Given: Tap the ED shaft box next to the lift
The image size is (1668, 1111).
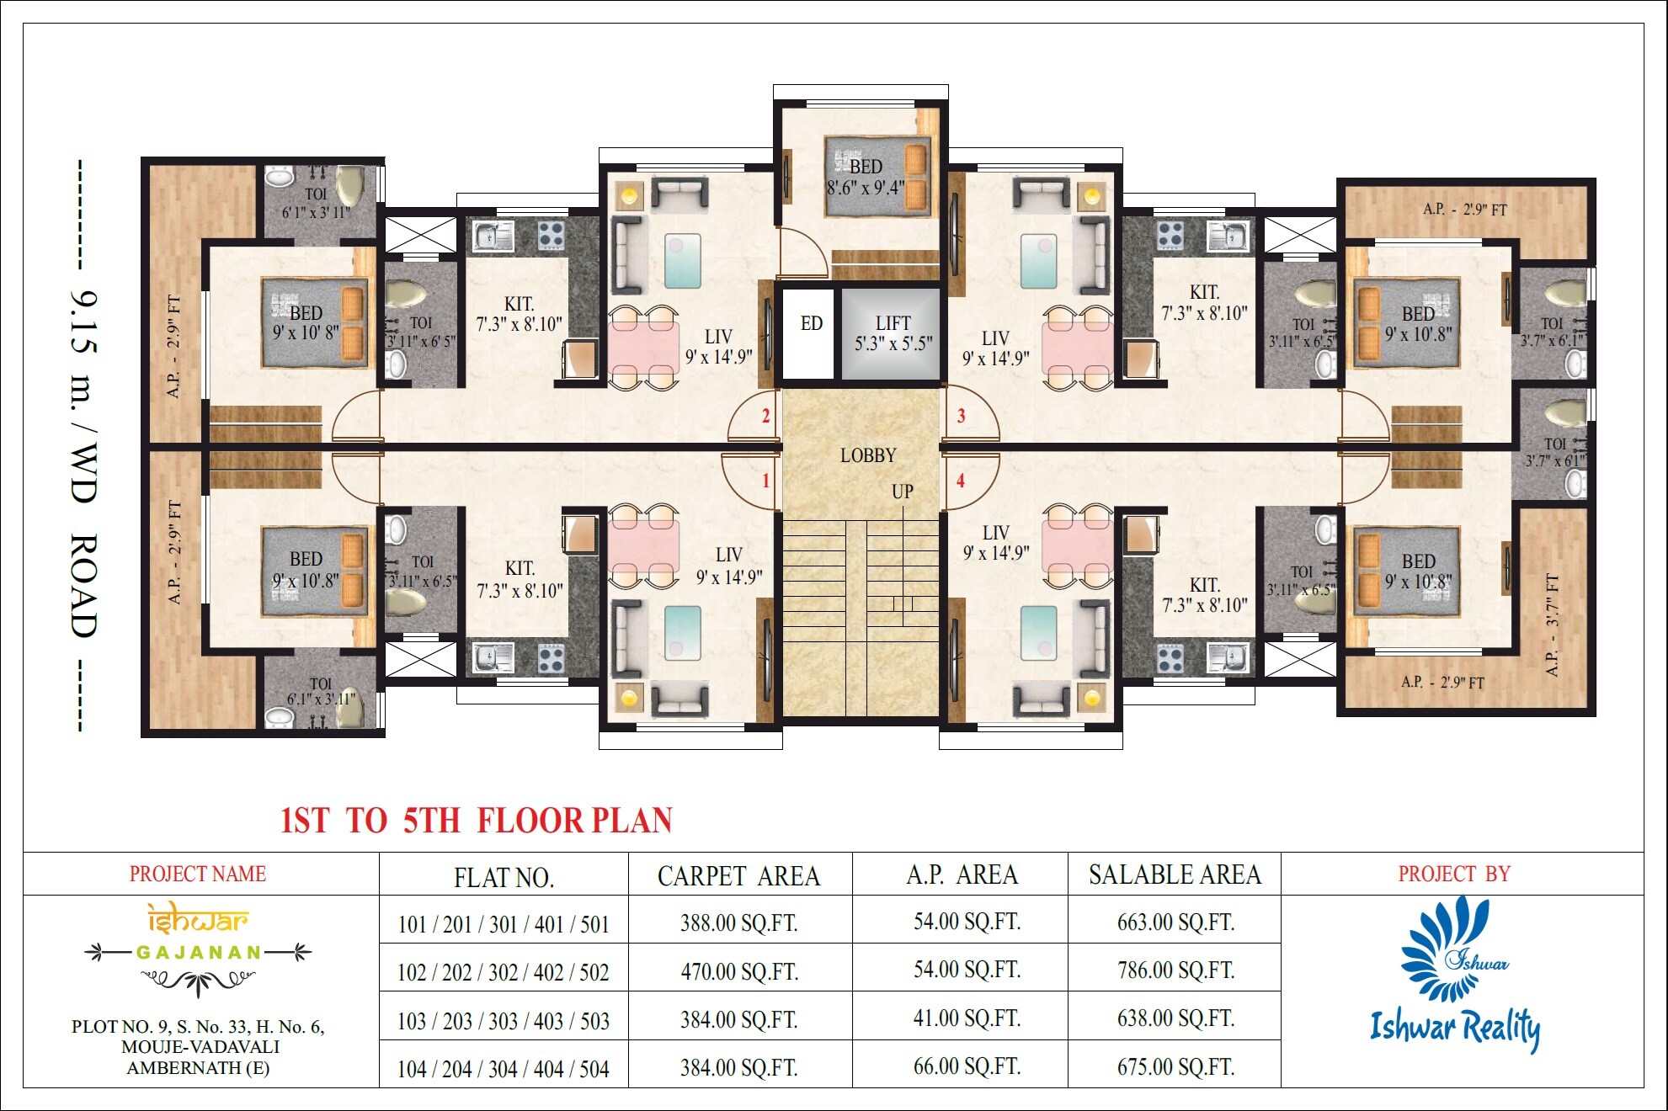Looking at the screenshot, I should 811,324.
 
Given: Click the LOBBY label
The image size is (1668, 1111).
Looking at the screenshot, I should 868,455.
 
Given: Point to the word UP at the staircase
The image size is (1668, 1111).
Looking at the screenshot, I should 902,492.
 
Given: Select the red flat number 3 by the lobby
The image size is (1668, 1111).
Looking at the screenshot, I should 961,416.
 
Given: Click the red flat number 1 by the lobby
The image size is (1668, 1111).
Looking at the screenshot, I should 765,481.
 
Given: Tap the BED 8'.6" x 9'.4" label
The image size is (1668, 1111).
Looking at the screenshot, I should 866,178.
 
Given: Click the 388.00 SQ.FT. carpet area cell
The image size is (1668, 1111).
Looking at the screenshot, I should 738,923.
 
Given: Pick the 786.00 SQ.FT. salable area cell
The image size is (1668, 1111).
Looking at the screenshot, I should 1175,970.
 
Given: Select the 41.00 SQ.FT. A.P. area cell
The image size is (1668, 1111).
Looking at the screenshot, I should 967,1019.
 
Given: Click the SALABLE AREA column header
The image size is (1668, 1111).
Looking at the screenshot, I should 1175,875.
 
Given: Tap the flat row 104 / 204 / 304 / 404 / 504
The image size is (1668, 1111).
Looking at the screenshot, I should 503,1069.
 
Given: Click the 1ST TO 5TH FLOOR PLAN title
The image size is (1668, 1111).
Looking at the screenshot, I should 477,821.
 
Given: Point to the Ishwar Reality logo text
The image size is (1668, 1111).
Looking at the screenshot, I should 1455,1028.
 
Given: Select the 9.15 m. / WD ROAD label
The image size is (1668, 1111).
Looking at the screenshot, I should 83,463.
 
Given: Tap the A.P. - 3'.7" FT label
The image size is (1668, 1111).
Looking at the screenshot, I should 1552,625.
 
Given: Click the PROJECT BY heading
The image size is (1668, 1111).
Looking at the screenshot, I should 1454,874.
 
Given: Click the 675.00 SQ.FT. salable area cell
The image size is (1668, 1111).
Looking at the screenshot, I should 1175,1067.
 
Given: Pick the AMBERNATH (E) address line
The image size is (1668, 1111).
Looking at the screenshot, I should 198,1068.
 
